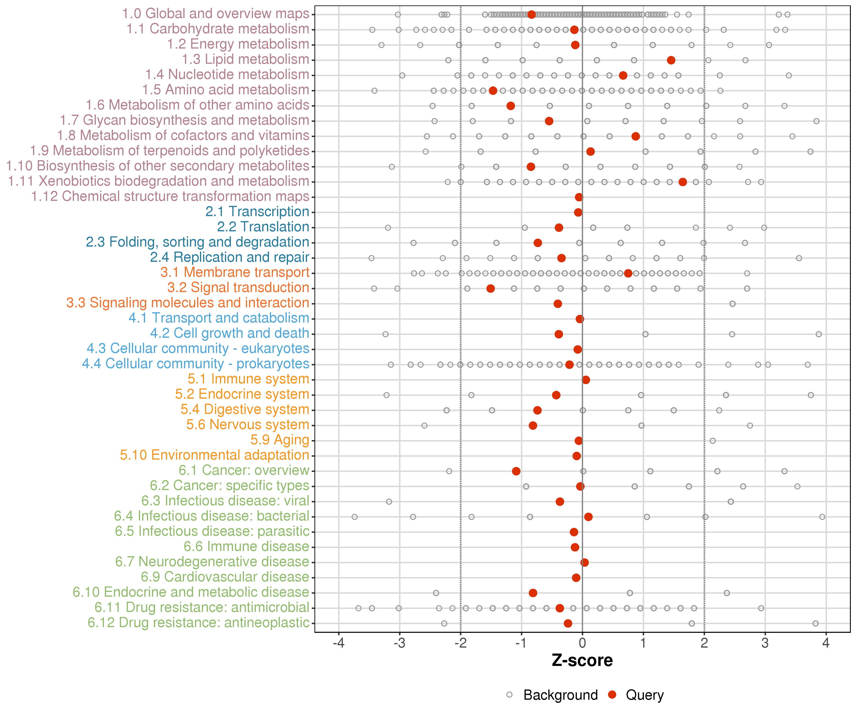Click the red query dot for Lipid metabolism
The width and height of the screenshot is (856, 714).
tap(671, 60)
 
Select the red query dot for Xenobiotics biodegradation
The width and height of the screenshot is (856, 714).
tap(683, 182)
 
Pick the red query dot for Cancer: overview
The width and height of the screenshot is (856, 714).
tap(516, 471)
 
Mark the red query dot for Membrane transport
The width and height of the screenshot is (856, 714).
tap(628, 273)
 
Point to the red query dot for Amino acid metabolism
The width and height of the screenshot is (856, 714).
tap(493, 91)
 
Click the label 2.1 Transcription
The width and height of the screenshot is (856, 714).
tap(257, 212)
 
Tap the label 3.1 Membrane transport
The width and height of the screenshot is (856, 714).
tap(235, 273)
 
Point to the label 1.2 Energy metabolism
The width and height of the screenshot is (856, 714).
tap(238, 44)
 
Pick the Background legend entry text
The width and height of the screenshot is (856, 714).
tap(560, 695)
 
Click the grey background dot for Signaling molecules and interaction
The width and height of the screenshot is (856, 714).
tap(733, 304)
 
